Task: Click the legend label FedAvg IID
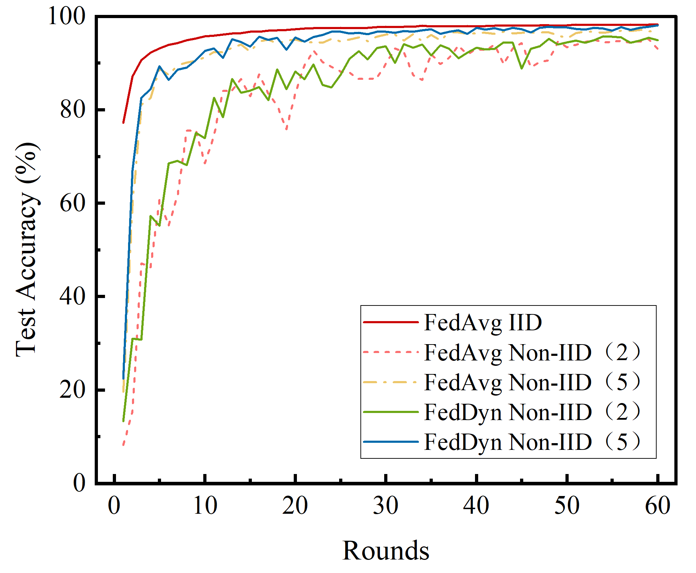point(483,323)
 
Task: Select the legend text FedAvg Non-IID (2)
point(532,353)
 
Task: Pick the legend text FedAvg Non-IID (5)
point(532,382)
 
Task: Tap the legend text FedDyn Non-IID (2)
point(532,412)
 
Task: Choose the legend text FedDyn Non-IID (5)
point(532,442)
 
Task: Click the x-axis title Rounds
point(386,551)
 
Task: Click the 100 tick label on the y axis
point(66,16)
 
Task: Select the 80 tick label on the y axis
point(72,110)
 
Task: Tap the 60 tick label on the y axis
point(72,203)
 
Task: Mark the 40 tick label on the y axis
point(72,296)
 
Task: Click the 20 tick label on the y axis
point(72,390)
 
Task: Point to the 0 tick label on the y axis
point(79,483)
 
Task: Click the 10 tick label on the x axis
point(205,506)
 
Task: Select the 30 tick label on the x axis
point(386,506)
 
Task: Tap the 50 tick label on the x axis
point(567,506)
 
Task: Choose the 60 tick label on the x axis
point(657,506)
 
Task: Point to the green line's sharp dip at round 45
point(521,68)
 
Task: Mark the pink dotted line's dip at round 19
point(286,129)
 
